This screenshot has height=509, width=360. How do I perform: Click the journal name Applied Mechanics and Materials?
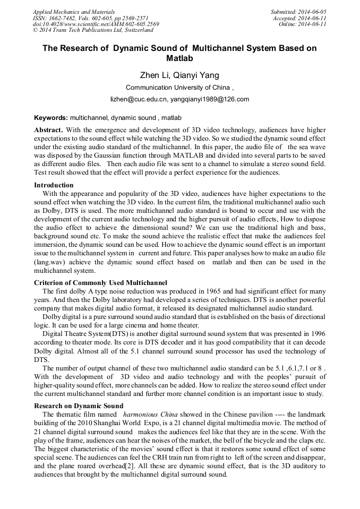click(67, 12)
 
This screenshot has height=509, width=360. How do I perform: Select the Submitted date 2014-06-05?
click(311, 12)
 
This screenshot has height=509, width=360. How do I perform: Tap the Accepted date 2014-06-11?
click(312, 18)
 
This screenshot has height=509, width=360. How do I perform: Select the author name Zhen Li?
click(155, 75)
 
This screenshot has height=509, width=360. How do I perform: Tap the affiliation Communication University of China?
click(177, 88)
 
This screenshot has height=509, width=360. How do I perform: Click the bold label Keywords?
click(51, 117)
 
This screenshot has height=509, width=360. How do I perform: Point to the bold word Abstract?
click(48, 130)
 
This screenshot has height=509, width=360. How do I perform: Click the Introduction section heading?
click(54, 185)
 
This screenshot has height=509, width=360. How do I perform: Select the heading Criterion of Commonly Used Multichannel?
click(100, 282)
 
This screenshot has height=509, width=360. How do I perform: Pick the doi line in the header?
click(96, 24)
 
